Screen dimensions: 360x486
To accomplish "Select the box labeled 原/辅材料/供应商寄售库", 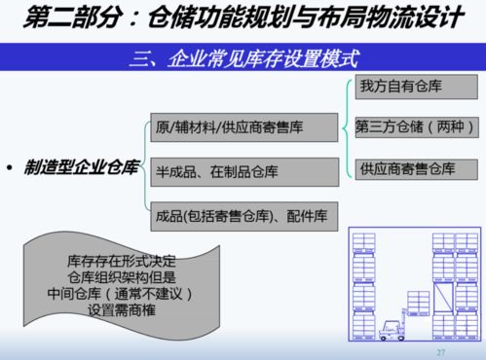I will (243, 126).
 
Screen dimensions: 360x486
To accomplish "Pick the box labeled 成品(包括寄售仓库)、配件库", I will (243, 216).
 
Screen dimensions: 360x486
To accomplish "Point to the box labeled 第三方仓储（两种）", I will (413, 126).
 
